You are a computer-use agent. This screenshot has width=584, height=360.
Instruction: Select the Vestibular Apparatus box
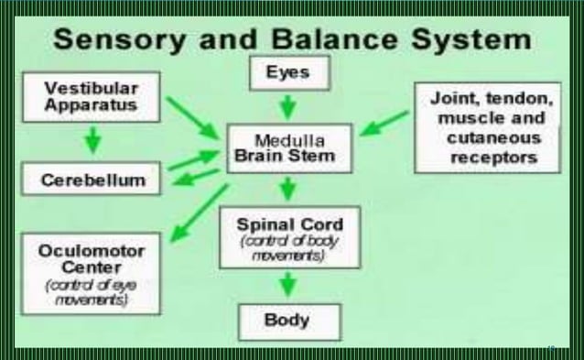point(92,97)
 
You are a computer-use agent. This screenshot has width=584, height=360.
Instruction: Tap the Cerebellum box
point(92,180)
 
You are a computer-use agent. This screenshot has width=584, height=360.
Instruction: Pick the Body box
point(288,322)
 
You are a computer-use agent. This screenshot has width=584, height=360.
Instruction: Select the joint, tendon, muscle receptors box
point(487,127)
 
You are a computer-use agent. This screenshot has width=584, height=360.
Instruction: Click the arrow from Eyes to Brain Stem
point(287,106)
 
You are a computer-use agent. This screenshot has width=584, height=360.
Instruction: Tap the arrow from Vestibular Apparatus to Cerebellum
point(92,139)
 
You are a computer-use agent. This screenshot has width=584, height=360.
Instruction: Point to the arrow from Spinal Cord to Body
point(288,284)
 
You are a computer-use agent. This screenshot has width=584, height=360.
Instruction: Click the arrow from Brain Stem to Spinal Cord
point(288,190)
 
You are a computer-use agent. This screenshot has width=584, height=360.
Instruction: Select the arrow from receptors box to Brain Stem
point(384,123)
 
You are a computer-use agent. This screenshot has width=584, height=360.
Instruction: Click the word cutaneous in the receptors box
point(487,138)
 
